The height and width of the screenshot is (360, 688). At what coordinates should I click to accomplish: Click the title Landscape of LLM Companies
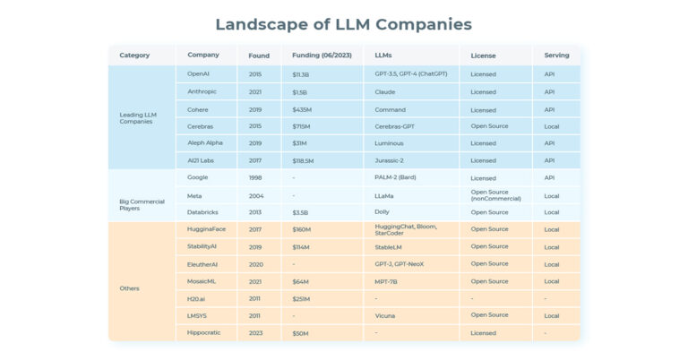coord(344,24)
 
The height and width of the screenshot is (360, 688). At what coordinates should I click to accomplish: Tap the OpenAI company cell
coord(198,74)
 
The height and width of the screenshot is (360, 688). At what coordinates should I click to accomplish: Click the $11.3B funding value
coord(300,74)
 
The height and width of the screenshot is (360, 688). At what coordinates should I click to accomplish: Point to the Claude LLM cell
coord(385,91)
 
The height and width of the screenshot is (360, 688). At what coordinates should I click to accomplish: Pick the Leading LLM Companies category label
coord(138,117)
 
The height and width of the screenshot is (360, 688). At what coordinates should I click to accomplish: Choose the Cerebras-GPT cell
coord(395,126)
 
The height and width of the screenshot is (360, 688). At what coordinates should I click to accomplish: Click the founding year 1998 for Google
coord(256,177)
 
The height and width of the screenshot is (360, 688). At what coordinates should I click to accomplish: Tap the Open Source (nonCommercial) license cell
coord(495,194)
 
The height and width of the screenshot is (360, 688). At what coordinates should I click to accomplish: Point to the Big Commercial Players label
coord(142,204)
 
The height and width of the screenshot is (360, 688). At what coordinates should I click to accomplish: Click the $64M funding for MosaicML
coord(300,281)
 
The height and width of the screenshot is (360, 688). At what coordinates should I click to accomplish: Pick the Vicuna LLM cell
coord(386,315)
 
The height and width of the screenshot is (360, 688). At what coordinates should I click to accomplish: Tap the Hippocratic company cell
coord(204,333)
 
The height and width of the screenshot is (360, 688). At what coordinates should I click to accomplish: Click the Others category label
coord(130,287)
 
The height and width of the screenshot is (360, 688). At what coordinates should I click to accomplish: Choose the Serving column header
coord(556,56)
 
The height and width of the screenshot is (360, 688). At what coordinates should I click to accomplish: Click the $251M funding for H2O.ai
coord(302,298)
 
